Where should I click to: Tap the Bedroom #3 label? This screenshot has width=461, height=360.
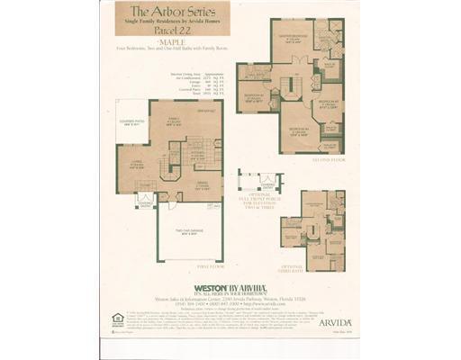click(x=298, y=134)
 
